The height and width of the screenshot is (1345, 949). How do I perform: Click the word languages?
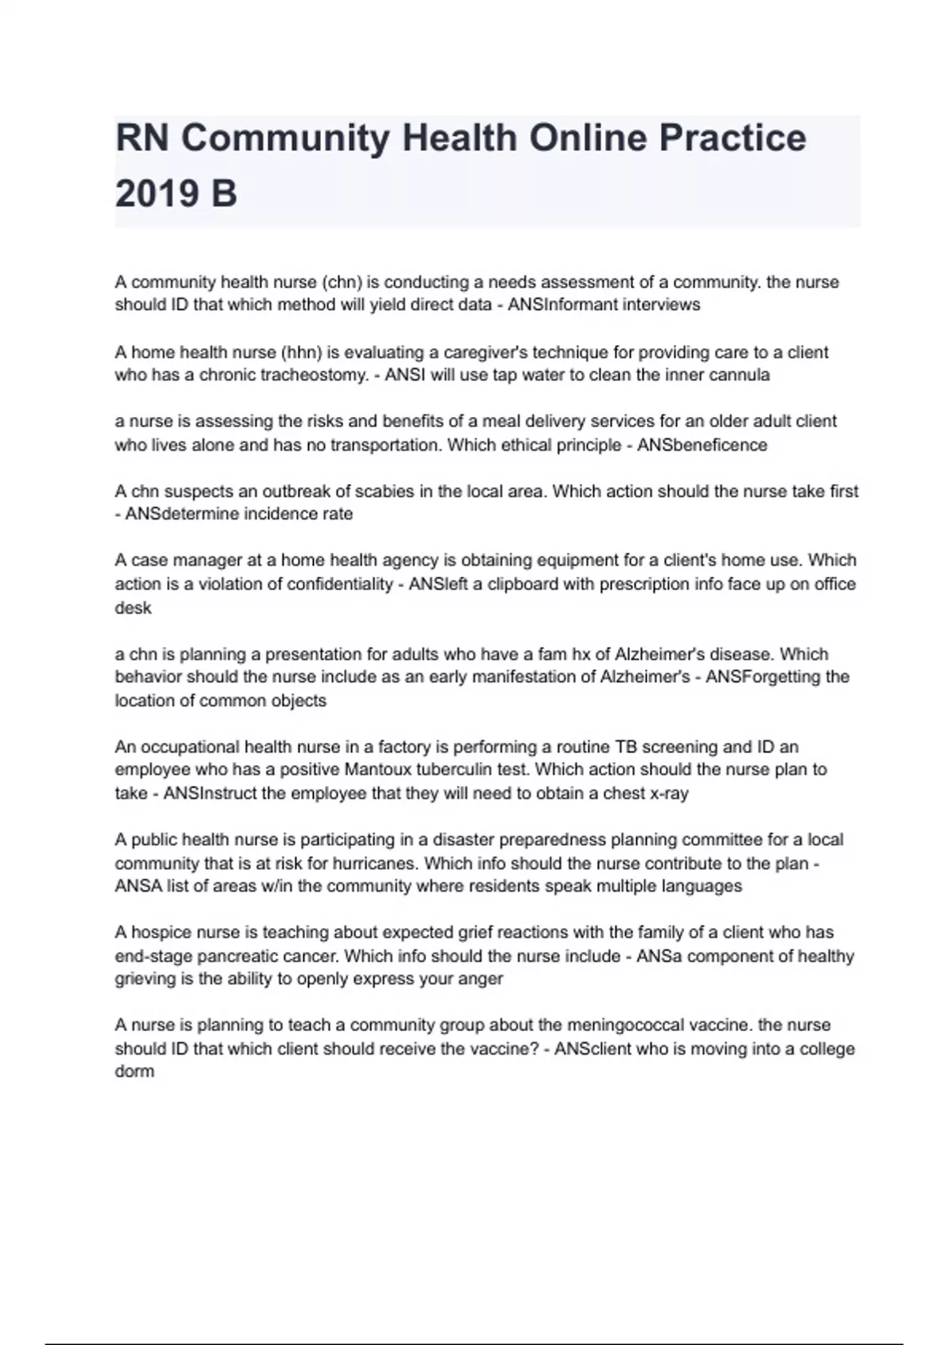tap(702, 886)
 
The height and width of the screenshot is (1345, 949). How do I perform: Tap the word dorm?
tap(134, 1072)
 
